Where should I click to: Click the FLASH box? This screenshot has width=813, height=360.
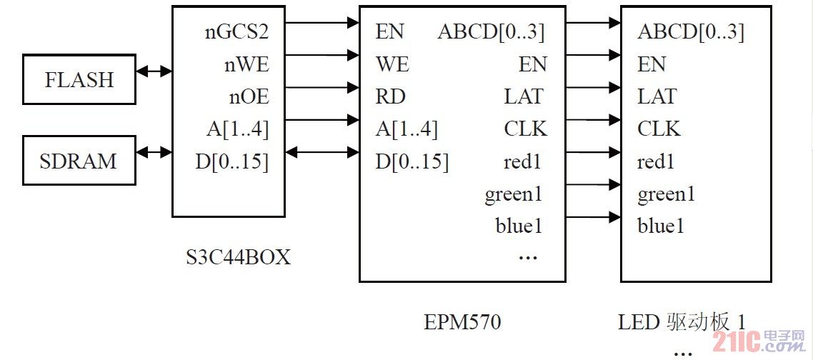(x=79, y=79)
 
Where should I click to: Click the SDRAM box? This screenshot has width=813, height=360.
(x=79, y=161)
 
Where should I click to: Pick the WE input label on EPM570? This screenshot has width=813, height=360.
(x=392, y=64)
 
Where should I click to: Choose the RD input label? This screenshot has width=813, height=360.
(x=391, y=96)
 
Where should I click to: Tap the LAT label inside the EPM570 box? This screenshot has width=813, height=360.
(x=524, y=96)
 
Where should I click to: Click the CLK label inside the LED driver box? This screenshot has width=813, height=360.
(x=659, y=129)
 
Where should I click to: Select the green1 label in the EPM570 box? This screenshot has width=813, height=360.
(x=514, y=194)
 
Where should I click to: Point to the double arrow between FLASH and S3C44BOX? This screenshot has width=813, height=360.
(x=154, y=71)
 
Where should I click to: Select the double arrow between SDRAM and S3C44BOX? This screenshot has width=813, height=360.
(x=154, y=151)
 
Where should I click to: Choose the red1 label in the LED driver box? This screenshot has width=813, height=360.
(x=656, y=162)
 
